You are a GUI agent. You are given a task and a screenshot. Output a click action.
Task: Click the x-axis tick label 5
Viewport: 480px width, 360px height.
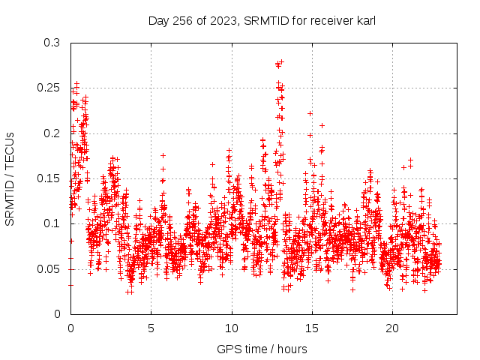point(151,328)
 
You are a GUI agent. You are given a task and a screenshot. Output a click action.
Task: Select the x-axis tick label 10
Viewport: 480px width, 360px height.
point(232,328)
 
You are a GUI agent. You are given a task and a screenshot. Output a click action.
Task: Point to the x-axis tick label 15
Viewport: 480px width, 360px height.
point(312,328)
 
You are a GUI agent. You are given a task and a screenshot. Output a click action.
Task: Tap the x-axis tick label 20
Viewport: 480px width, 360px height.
point(392,328)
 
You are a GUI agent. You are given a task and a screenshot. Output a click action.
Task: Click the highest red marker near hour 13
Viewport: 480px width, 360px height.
point(282,62)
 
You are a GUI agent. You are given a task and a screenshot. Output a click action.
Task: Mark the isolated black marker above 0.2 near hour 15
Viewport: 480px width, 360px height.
point(310,113)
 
